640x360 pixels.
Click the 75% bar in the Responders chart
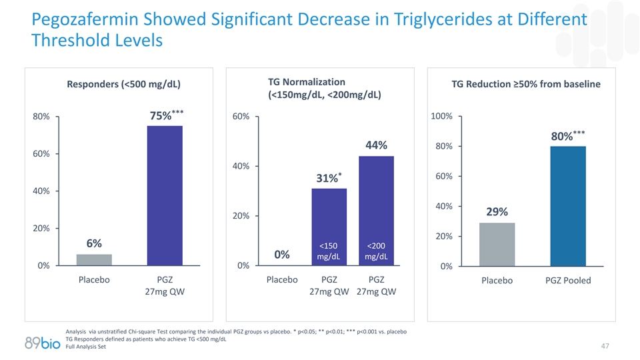coord(164,195)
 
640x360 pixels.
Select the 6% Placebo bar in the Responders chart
coord(95,259)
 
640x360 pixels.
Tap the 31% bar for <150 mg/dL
coord(329,227)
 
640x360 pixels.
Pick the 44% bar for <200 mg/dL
coord(376,210)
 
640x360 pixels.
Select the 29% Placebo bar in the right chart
coord(497,244)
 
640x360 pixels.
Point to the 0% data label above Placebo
coord(282,255)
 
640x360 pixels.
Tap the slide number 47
coord(605,346)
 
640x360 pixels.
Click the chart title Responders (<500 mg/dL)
coord(124,84)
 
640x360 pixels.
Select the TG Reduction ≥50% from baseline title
coord(526,84)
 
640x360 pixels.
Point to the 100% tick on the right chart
coord(443,117)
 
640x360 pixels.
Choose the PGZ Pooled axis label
coord(568,281)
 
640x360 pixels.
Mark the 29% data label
coord(497,212)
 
